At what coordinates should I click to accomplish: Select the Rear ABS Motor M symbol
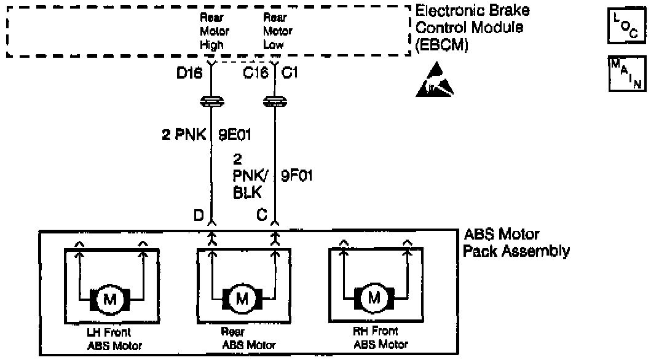[242, 299]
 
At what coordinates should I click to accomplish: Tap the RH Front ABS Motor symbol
[374, 299]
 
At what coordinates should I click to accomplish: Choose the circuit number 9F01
[297, 176]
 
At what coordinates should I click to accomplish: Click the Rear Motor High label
[215, 31]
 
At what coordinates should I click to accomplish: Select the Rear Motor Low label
[277, 31]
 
